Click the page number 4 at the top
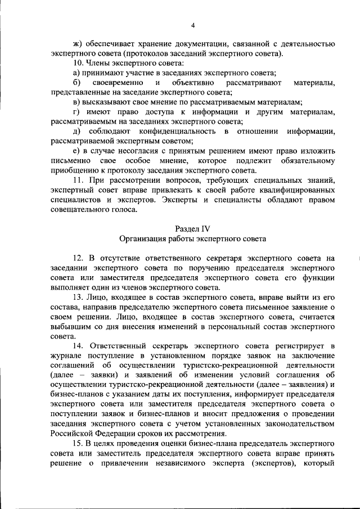[x=192, y=25]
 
